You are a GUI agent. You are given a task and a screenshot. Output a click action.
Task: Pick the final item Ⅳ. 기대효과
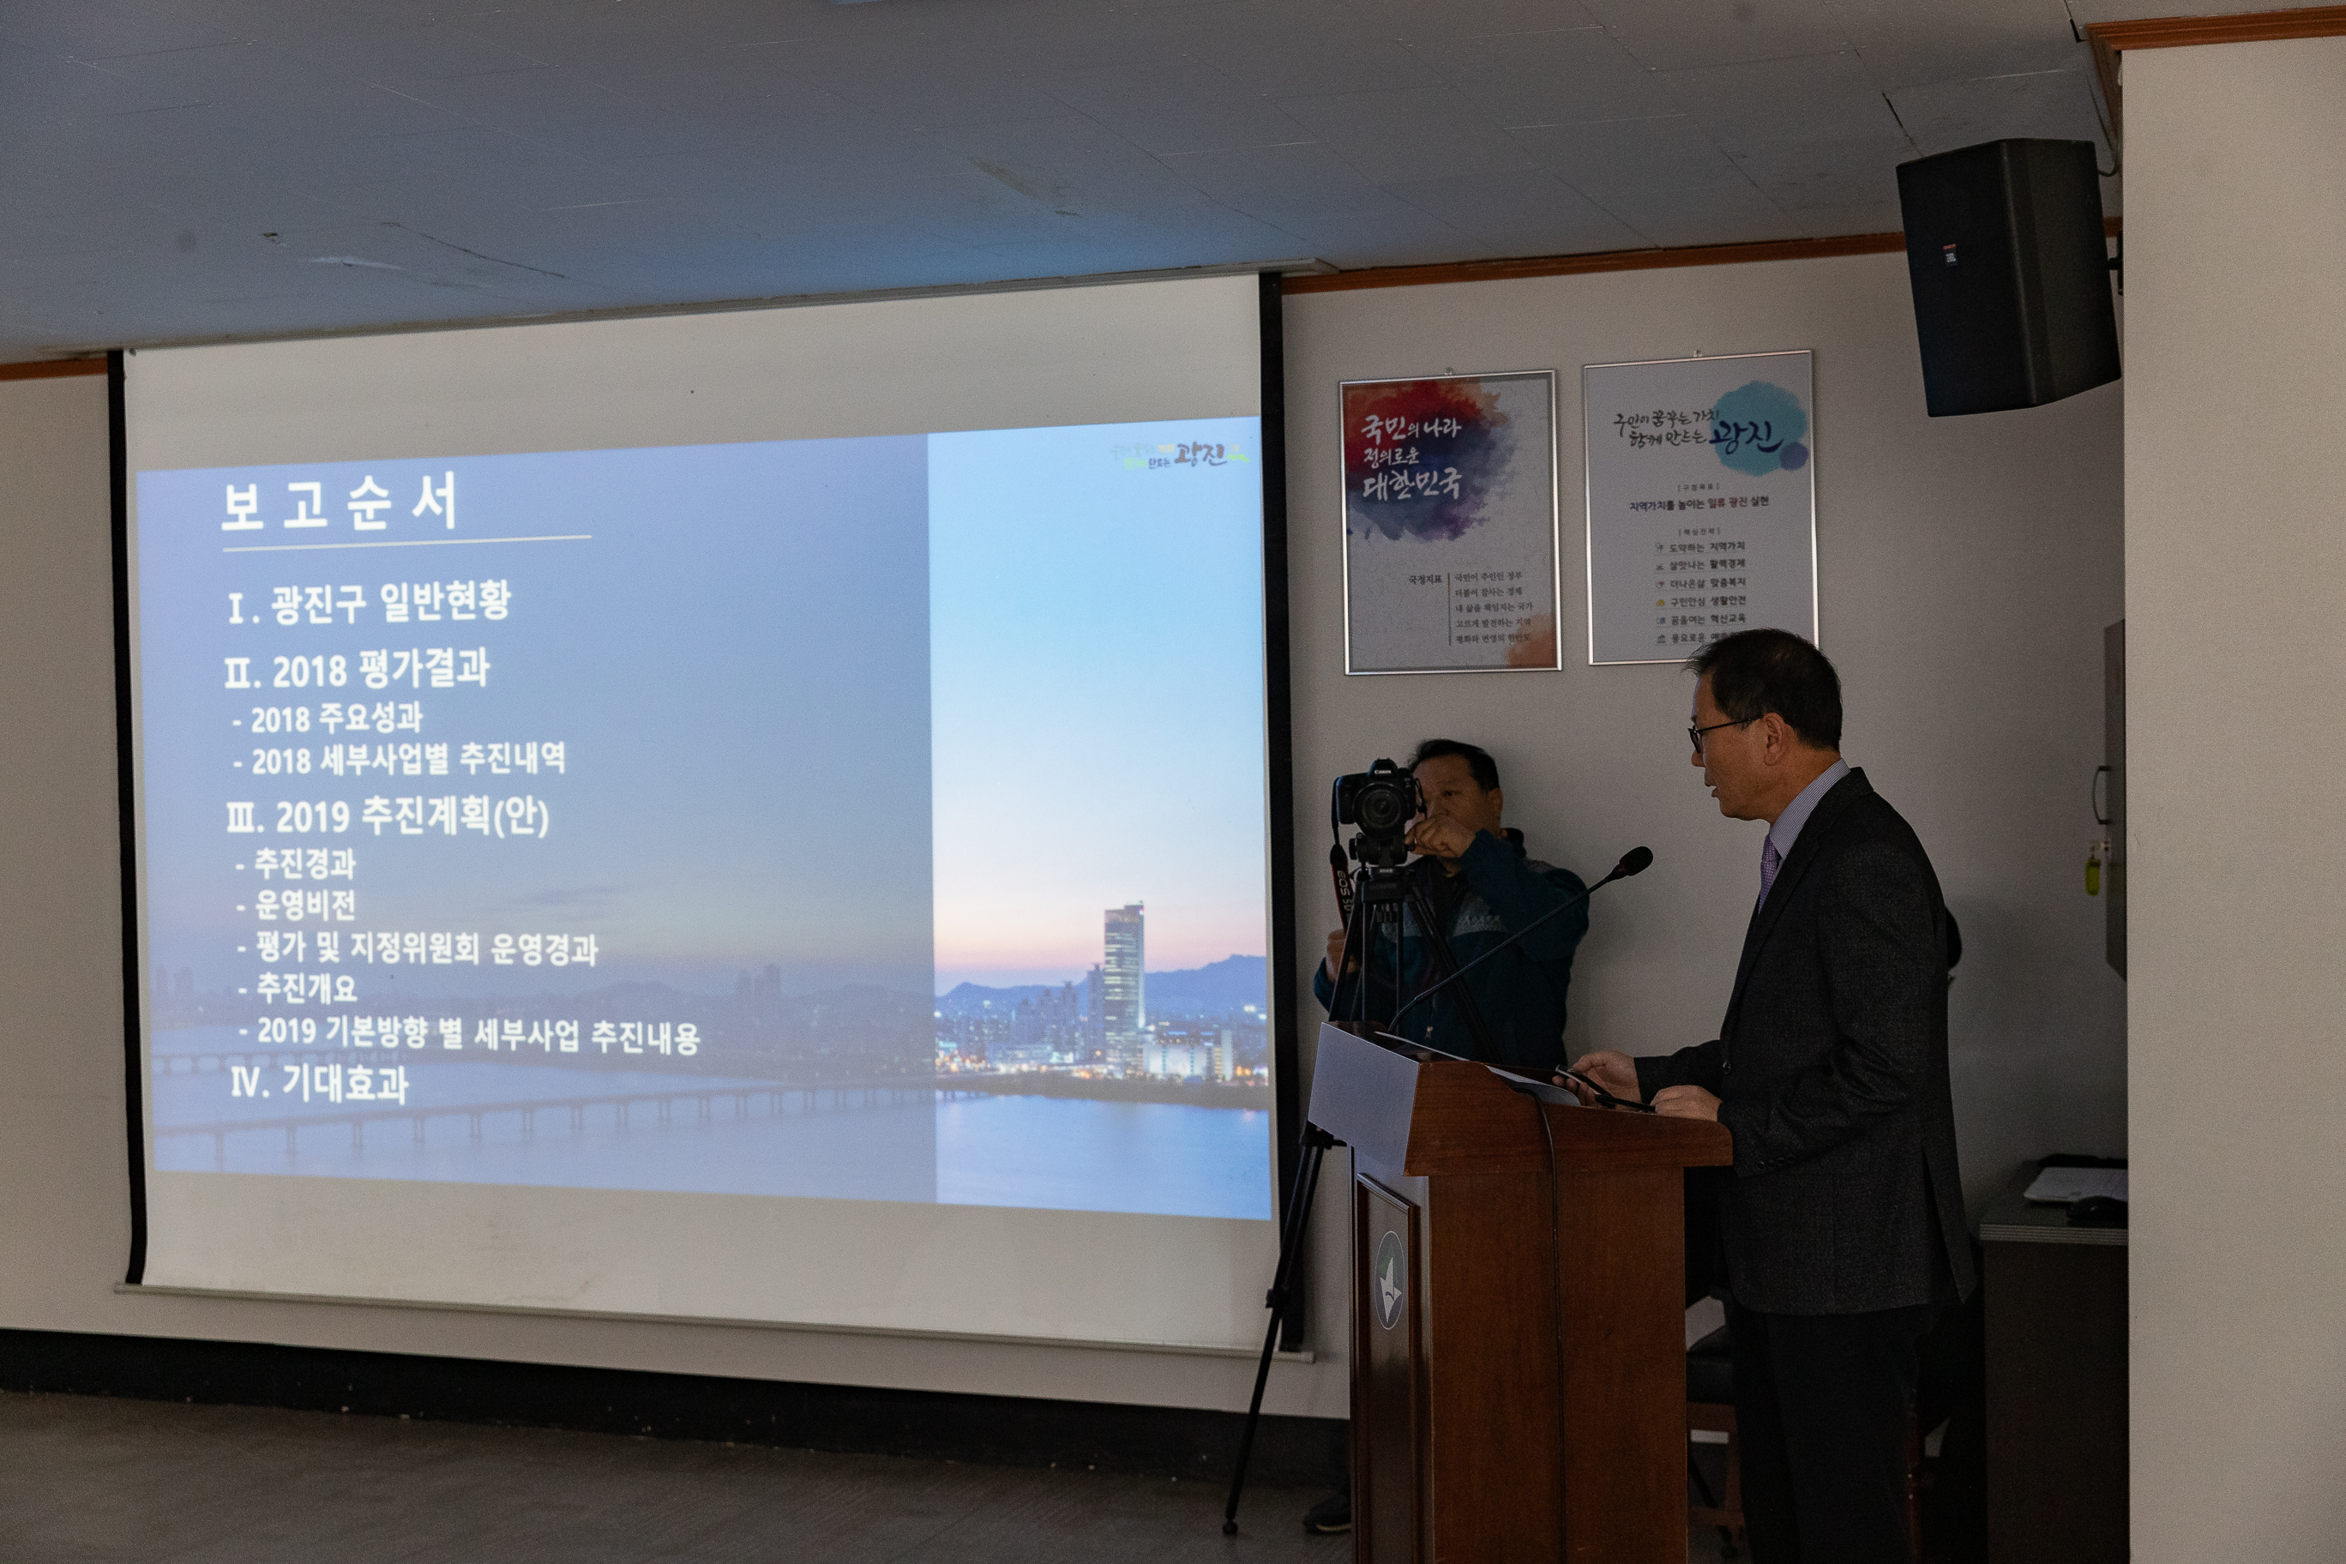click(319, 1084)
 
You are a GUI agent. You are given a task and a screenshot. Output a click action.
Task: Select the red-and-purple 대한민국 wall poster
click(1449, 521)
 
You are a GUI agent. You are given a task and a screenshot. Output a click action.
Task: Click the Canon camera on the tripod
click(1376, 803)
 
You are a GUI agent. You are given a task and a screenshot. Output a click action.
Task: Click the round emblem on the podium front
click(1388, 1279)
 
